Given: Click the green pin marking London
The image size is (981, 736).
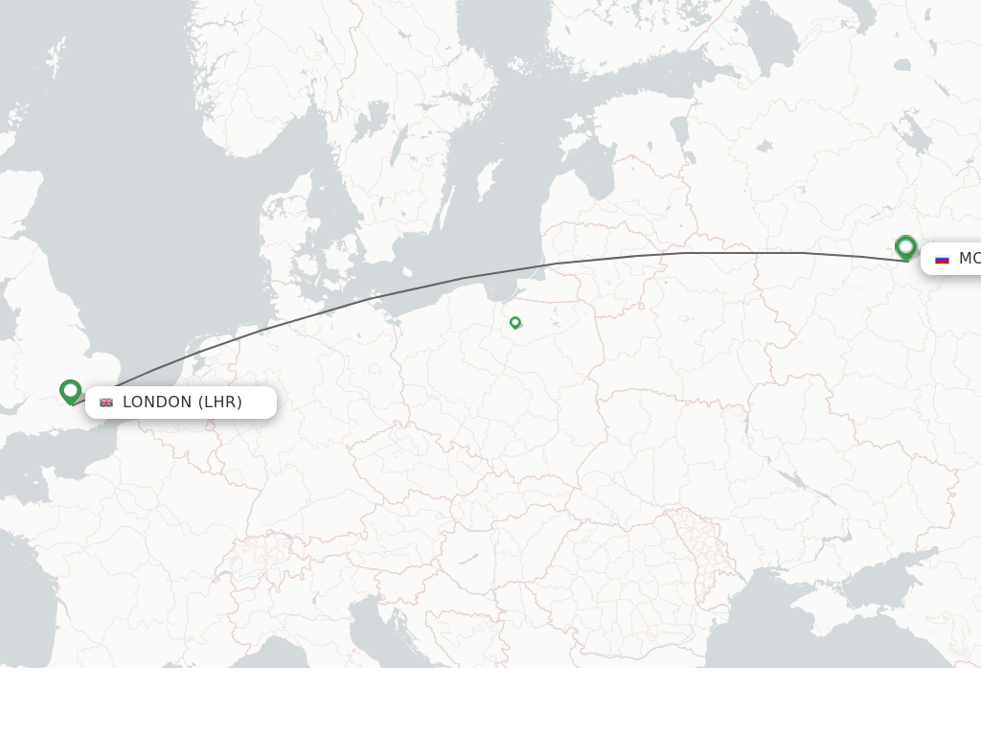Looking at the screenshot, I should pos(70,391).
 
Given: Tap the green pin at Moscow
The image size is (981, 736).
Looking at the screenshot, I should pos(905,247).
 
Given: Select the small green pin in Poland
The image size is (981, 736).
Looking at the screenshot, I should pos(515,322).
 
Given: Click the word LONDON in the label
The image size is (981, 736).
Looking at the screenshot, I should pos(157,402).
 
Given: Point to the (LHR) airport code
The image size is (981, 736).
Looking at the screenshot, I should pos(220,402).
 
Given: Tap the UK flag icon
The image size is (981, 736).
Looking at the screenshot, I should pos(106,402).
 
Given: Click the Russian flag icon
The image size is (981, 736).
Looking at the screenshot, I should pos(942,259).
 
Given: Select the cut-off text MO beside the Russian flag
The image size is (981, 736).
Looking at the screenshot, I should pos(969,259).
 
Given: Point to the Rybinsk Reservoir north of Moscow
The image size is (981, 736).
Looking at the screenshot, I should pos(912,134).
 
